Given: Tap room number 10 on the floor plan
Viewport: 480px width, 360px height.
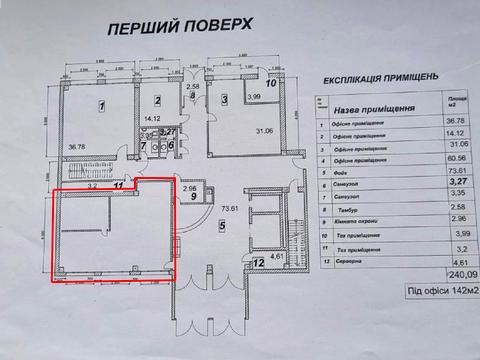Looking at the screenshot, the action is tap(269, 84).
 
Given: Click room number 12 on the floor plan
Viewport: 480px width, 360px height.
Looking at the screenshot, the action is tap(259, 264).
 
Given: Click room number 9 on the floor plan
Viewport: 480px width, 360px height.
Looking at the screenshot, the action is tap(191, 198).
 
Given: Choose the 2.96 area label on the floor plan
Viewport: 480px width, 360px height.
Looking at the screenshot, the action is tap(190, 187).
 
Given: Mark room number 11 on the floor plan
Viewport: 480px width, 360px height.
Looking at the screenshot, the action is tap(119, 185).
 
